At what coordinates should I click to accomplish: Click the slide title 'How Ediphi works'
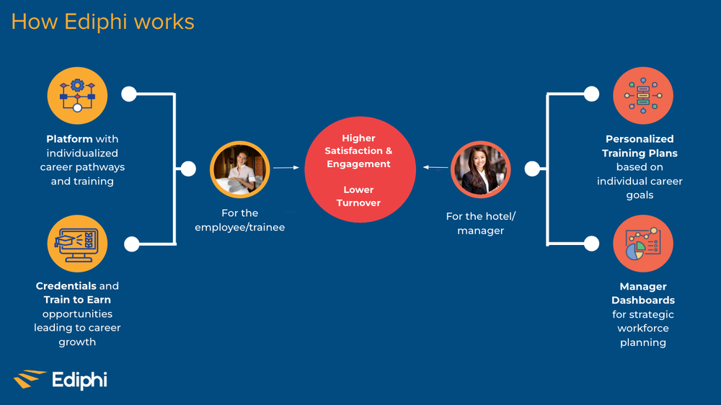pos(102,22)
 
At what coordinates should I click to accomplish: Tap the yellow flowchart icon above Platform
pos(77,96)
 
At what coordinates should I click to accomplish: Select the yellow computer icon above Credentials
pos(77,244)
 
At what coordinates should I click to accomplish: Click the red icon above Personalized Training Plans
pos(642,96)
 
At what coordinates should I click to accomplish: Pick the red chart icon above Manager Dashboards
pos(642,244)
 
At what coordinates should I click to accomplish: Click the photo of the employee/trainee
pos(239,171)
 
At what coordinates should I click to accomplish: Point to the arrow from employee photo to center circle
pos(286,167)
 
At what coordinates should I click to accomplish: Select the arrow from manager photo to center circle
pos(435,167)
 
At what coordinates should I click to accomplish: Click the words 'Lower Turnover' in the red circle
pos(358,196)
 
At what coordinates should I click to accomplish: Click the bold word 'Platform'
pos(69,139)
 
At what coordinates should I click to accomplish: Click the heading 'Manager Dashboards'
pos(643,293)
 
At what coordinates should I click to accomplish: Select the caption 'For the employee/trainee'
pos(239,221)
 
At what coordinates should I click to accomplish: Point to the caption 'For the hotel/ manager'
pos(481,223)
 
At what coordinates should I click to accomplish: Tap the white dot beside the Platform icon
pos(129,94)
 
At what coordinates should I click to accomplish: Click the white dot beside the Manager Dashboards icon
pos(591,244)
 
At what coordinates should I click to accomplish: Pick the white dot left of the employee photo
pos(188,169)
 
